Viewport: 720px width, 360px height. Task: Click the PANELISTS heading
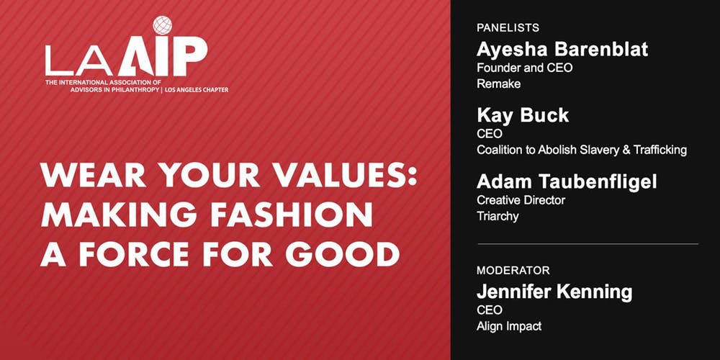pyautogui.click(x=508, y=28)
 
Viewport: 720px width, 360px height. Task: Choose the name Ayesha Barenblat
pyautogui.click(x=562, y=49)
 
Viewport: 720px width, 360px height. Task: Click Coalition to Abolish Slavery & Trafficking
pyautogui.click(x=582, y=150)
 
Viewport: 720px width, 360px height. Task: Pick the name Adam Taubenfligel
pyautogui.click(x=566, y=181)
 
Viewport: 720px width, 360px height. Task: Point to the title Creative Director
pyautogui.click(x=521, y=200)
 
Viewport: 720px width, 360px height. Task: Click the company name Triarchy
pyautogui.click(x=498, y=216)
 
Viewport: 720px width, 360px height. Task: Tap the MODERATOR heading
pyautogui.click(x=513, y=271)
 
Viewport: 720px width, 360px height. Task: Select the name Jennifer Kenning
pyautogui.click(x=554, y=292)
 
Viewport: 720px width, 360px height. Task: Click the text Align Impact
pyautogui.click(x=509, y=326)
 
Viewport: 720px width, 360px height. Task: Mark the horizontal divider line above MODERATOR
pyautogui.click(x=587, y=244)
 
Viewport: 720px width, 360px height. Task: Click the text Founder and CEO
pyautogui.click(x=524, y=68)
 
